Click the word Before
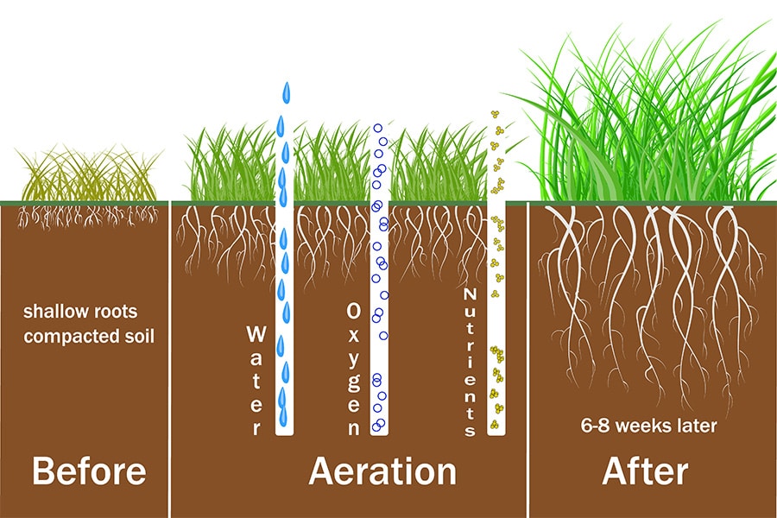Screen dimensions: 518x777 89,471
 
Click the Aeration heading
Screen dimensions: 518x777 382,471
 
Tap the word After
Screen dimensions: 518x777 646,471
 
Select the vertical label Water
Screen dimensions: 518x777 256,380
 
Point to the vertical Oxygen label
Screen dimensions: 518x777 353,368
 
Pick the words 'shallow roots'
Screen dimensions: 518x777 80,311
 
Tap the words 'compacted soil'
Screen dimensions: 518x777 89,335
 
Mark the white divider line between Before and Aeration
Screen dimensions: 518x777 170,363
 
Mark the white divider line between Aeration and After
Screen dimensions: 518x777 527,363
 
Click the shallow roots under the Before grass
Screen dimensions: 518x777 86,212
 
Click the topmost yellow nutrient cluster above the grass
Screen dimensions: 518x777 495,115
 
